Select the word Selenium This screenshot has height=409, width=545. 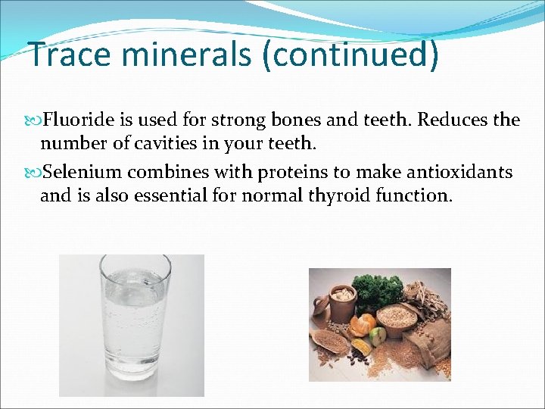[83, 173]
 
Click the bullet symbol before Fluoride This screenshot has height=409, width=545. [34, 120]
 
